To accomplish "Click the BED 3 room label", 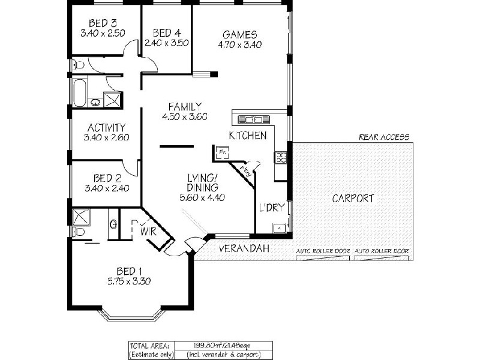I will click(x=102, y=23).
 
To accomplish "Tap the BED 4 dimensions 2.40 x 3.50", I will click(x=167, y=43).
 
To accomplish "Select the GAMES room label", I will click(x=239, y=34).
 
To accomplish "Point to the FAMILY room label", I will click(x=184, y=106).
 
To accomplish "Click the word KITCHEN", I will click(x=247, y=136).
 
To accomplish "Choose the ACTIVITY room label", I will click(x=106, y=127).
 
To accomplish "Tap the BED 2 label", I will click(x=107, y=178).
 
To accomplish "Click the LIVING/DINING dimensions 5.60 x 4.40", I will click(x=202, y=197).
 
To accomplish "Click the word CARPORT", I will click(x=353, y=198).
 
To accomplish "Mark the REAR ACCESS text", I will click(x=384, y=137).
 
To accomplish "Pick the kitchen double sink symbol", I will click(x=253, y=119).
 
